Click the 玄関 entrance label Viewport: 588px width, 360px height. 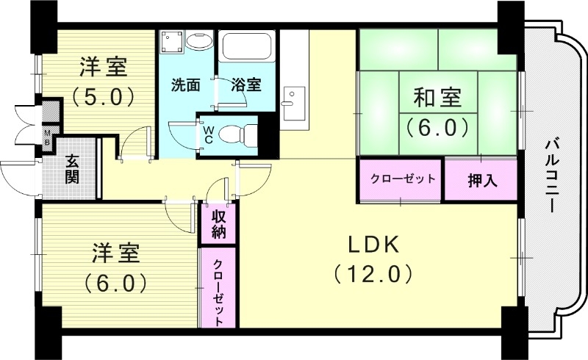point(71,168)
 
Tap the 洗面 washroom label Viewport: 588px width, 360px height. point(186,84)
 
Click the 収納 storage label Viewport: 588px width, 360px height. point(219,225)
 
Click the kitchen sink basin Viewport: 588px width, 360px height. point(293,98)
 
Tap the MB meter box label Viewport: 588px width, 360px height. point(48,137)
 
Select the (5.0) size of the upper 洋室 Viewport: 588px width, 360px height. point(102,97)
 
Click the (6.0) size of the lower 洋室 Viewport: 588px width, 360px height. point(115,282)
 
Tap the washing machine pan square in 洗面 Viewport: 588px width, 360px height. point(172,42)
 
